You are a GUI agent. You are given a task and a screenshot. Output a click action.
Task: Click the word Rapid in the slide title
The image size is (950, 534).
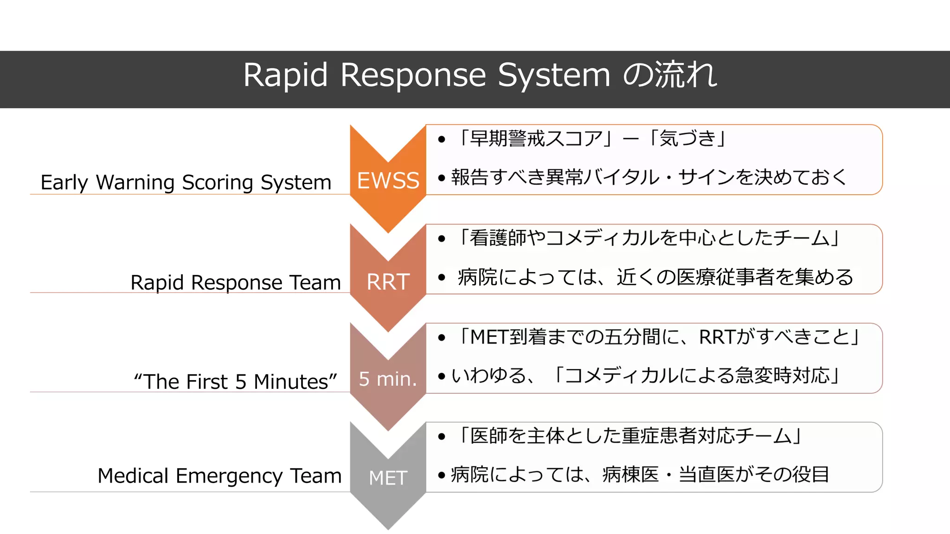click(285, 75)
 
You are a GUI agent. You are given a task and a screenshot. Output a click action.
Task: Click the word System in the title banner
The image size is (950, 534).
click(554, 75)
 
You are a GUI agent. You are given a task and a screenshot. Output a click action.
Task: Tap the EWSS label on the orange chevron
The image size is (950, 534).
click(388, 180)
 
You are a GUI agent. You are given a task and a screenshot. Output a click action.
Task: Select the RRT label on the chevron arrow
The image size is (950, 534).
click(388, 282)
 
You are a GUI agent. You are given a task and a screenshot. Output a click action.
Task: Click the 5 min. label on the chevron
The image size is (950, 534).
click(388, 379)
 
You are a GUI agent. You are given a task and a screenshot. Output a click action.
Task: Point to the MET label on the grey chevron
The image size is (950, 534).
click(388, 478)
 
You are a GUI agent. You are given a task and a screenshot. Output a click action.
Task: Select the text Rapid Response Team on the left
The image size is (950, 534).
click(236, 282)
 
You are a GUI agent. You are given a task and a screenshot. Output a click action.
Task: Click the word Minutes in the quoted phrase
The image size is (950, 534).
click(295, 381)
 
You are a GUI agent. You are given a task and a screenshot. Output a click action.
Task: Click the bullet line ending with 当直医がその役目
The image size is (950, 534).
click(640, 474)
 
